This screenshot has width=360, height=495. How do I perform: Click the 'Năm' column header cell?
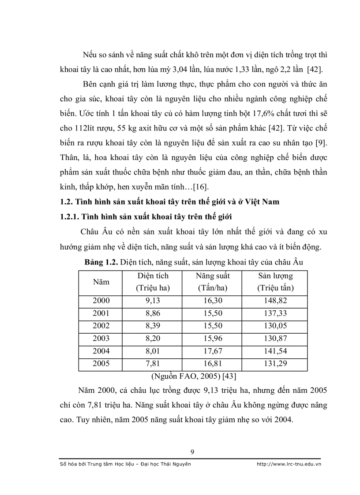tap(101, 282)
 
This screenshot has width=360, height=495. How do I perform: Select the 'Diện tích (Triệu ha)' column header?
tap(153, 282)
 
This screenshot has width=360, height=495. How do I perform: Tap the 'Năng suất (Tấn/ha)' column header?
tap(213, 282)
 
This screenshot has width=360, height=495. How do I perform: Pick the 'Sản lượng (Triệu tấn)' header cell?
tap(275, 282)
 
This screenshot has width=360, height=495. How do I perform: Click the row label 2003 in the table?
tap(101, 339)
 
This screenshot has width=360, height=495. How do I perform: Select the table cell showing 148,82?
tap(275, 301)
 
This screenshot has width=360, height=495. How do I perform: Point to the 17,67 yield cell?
tap(213, 351)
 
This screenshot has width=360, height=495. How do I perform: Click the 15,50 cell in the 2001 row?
tap(213, 313)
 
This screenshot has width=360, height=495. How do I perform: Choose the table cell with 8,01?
tap(153, 351)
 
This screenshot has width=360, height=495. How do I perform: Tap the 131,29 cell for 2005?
tap(275, 364)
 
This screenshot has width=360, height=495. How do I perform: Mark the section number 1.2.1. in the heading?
tap(74, 216)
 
